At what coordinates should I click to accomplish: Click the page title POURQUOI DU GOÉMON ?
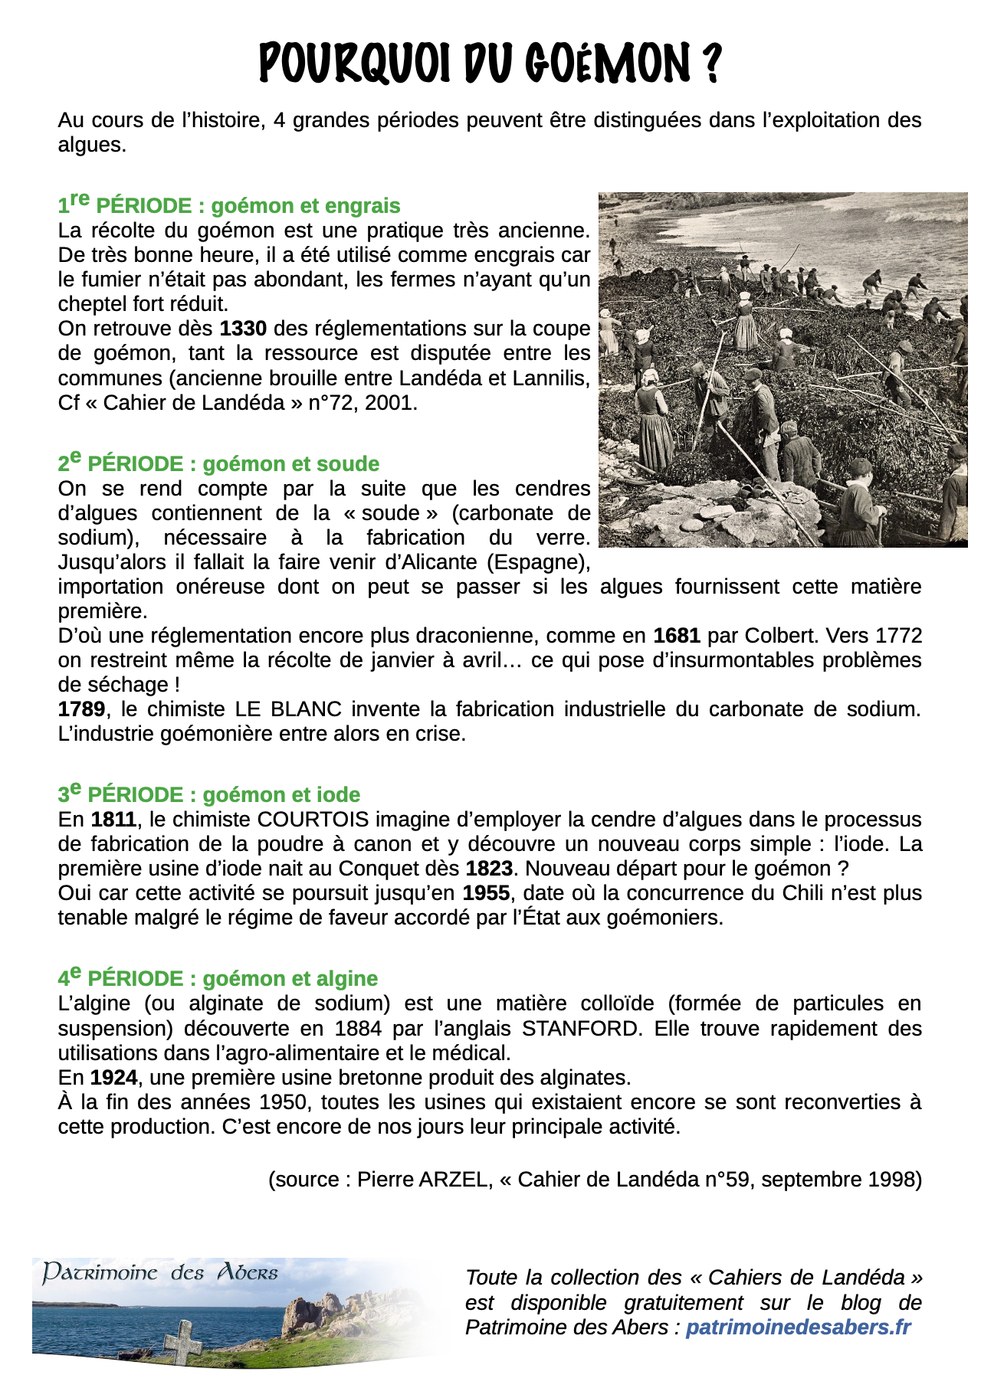[490, 63]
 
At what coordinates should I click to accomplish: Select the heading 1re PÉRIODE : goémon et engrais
[229, 205]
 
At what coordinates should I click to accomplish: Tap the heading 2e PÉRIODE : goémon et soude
[218, 463]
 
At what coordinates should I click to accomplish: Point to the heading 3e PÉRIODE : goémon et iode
[208, 794]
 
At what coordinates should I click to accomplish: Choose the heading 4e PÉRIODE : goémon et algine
[218, 977]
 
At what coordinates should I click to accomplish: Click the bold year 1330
[243, 329]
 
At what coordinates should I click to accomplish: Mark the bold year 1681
[677, 636]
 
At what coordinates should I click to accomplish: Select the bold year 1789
[81, 709]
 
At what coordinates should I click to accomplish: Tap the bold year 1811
[113, 820]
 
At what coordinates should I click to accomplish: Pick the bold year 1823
[489, 869]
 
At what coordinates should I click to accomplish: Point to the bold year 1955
[486, 893]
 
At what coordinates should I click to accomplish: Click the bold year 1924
[113, 1078]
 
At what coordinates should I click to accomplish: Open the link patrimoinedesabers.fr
[798, 1327]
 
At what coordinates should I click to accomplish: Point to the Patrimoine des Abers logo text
[159, 1273]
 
